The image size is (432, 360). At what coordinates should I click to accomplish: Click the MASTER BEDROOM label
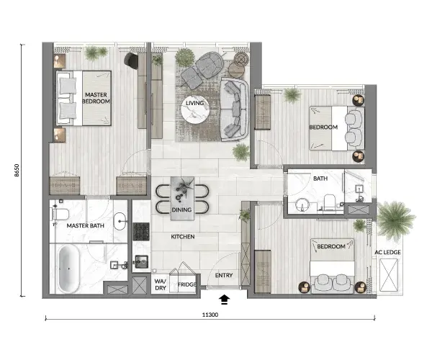tap(96, 98)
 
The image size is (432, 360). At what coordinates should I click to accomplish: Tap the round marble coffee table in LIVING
tap(195, 109)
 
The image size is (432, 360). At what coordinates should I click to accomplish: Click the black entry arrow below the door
tap(224, 300)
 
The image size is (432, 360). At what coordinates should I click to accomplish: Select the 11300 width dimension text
tap(210, 315)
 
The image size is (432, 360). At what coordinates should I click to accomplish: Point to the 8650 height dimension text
tap(17, 170)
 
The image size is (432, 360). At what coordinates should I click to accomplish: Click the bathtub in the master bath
tap(68, 269)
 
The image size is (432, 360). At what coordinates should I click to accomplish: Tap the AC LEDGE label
tap(387, 252)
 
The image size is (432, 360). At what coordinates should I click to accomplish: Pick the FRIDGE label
tap(187, 284)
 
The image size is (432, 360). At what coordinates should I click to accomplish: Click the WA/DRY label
tap(161, 284)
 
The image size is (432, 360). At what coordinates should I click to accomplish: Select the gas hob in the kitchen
tap(141, 231)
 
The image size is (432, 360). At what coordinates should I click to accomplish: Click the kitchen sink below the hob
tap(141, 261)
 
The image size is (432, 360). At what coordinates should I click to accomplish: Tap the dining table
tap(182, 198)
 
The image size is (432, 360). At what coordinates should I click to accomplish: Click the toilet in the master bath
tap(60, 214)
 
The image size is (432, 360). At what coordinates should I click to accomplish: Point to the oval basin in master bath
tap(120, 221)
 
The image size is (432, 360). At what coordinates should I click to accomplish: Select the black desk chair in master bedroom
tap(131, 60)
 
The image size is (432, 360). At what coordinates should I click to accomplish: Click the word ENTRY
tap(224, 275)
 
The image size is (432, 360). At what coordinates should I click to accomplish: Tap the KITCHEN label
tap(183, 237)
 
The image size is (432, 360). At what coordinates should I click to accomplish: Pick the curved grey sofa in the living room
tap(235, 109)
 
